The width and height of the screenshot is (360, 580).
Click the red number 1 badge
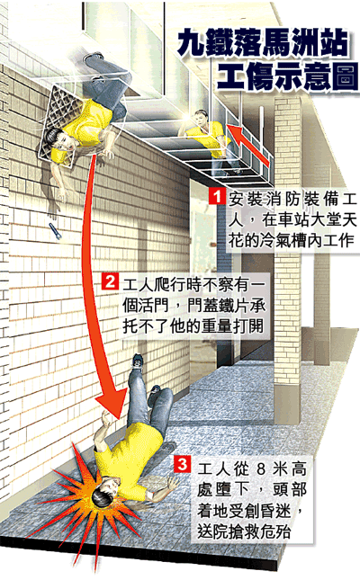tap(216, 196)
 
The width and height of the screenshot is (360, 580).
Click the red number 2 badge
tap(110, 281)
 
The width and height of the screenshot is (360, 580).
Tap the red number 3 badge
tap(182, 465)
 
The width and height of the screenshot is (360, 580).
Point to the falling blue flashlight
tap(55, 231)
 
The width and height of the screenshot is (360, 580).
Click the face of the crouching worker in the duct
tap(201, 120)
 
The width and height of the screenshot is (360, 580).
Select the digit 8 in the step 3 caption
tap(261, 469)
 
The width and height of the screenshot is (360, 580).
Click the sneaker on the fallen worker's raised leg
tap(138, 361)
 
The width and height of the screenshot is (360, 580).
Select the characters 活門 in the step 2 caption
tap(156, 306)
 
